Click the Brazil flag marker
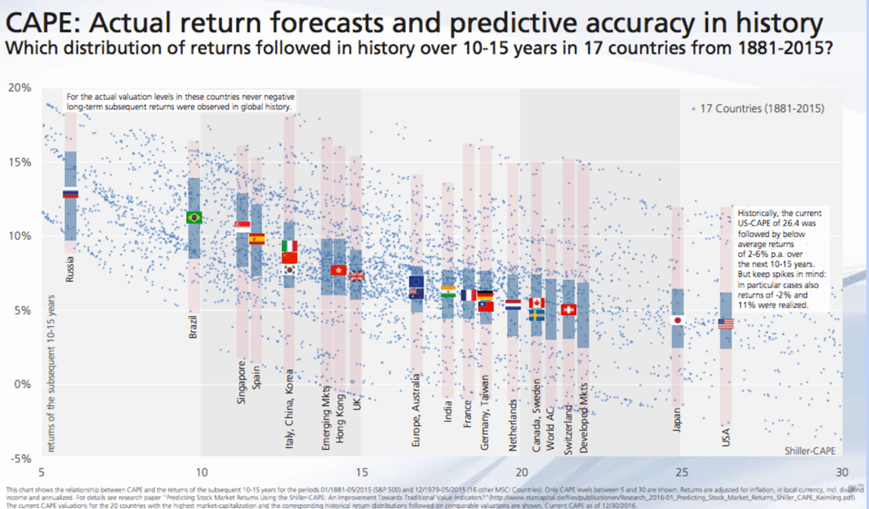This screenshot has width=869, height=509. [x=194, y=218]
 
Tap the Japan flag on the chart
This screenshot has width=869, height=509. [x=677, y=320]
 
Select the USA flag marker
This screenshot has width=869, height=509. [x=726, y=324]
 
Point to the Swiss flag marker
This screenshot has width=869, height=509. [x=569, y=309]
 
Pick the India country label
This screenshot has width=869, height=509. [x=448, y=407]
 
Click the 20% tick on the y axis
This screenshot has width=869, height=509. [x=24, y=88]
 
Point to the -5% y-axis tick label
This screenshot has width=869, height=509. [x=24, y=458]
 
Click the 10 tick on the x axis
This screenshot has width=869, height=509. [x=201, y=472]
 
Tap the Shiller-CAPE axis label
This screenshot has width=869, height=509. [x=810, y=450]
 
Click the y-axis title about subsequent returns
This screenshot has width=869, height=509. [x=52, y=373]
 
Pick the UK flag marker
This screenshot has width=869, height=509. [x=356, y=276]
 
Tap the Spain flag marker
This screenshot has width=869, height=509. [x=257, y=239]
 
